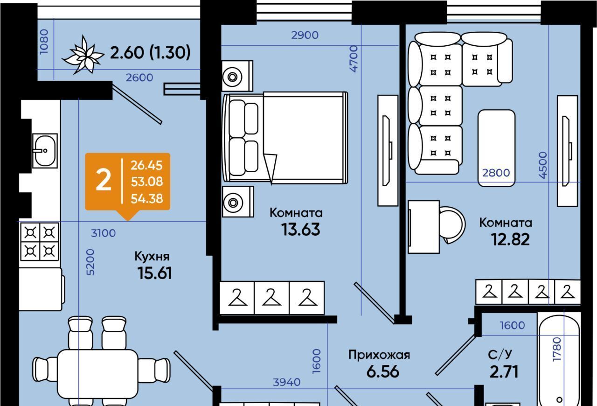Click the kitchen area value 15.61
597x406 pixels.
(x=155, y=273)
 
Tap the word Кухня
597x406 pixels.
(x=152, y=256)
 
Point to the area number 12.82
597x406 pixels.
(x=510, y=239)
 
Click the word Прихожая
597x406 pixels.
(x=379, y=355)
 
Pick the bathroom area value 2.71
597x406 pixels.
(x=504, y=372)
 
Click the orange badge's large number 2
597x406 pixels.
(x=103, y=181)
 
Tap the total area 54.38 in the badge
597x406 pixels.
(x=147, y=199)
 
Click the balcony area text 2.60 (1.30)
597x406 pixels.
(x=150, y=53)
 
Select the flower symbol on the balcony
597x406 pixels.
(x=83, y=55)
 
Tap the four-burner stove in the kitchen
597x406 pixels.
(x=39, y=241)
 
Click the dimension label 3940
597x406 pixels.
(x=286, y=382)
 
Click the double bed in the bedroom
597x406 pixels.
(x=285, y=136)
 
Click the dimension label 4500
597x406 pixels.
(x=542, y=165)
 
